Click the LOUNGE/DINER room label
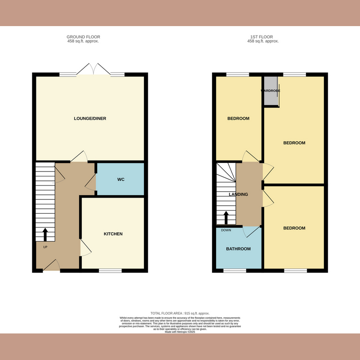click(90, 118)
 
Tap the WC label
click(121, 180)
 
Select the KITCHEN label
click(113, 234)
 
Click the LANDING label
click(238, 194)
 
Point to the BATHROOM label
click(238, 249)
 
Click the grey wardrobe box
click(271, 91)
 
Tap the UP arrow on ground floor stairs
click(45, 235)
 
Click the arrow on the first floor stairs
click(226, 218)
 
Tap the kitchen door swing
click(85, 248)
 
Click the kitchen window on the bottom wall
click(110, 270)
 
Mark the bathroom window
click(235, 270)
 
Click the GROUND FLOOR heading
click(83, 37)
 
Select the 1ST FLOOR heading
click(263, 37)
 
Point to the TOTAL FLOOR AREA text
click(180, 313)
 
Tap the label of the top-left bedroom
click(238, 118)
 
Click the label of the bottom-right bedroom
click(294, 228)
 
